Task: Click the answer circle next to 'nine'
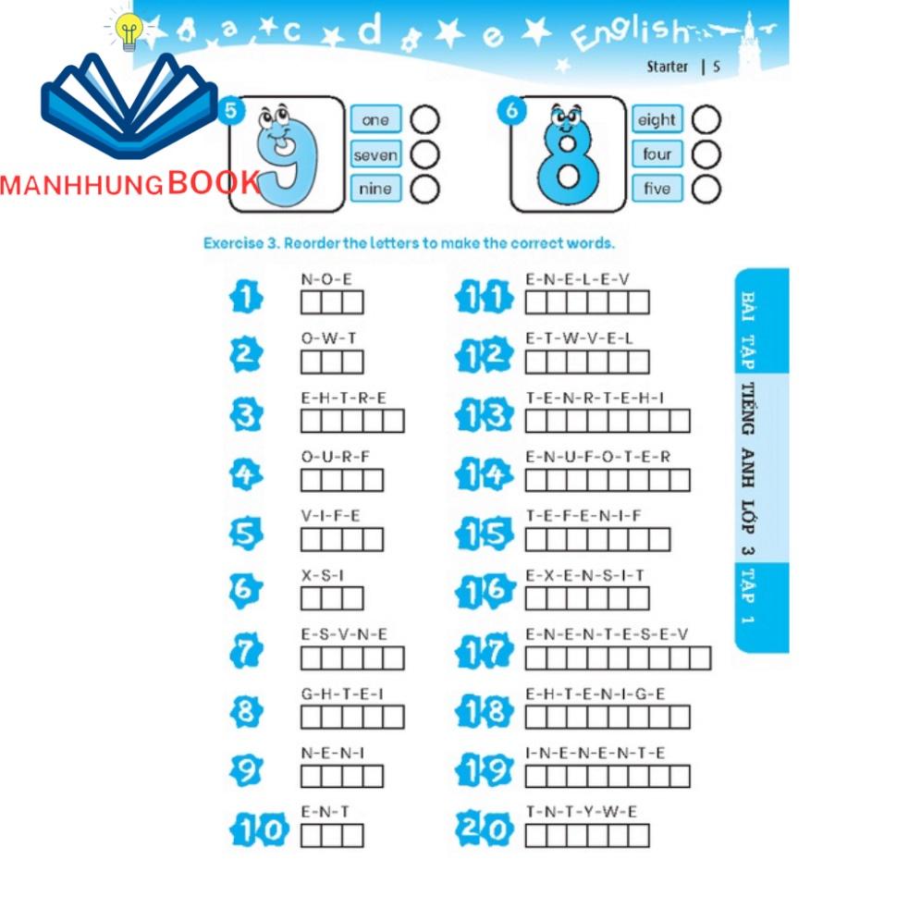[x=424, y=190]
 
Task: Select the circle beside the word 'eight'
[x=706, y=120]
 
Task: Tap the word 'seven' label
[x=376, y=154]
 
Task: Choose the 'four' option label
[x=657, y=153]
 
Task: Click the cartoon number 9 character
[x=286, y=154]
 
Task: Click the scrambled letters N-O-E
[x=326, y=279]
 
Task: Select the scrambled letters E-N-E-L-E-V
[x=577, y=279]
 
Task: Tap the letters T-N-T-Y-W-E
[x=581, y=812]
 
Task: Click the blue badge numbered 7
[x=246, y=650]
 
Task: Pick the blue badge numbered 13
[x=484, y=414]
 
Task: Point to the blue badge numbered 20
[x=485, y=829]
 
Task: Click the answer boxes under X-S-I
[x=332, y=598]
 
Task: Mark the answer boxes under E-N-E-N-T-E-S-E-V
[x=618, y=657]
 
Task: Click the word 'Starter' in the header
[x=668, y=67]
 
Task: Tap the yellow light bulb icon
[x=129, y=31]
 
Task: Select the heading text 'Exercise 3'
[x=241, y=243]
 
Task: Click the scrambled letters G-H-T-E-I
[x=342, y=694]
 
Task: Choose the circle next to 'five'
[x=706, y=190]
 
